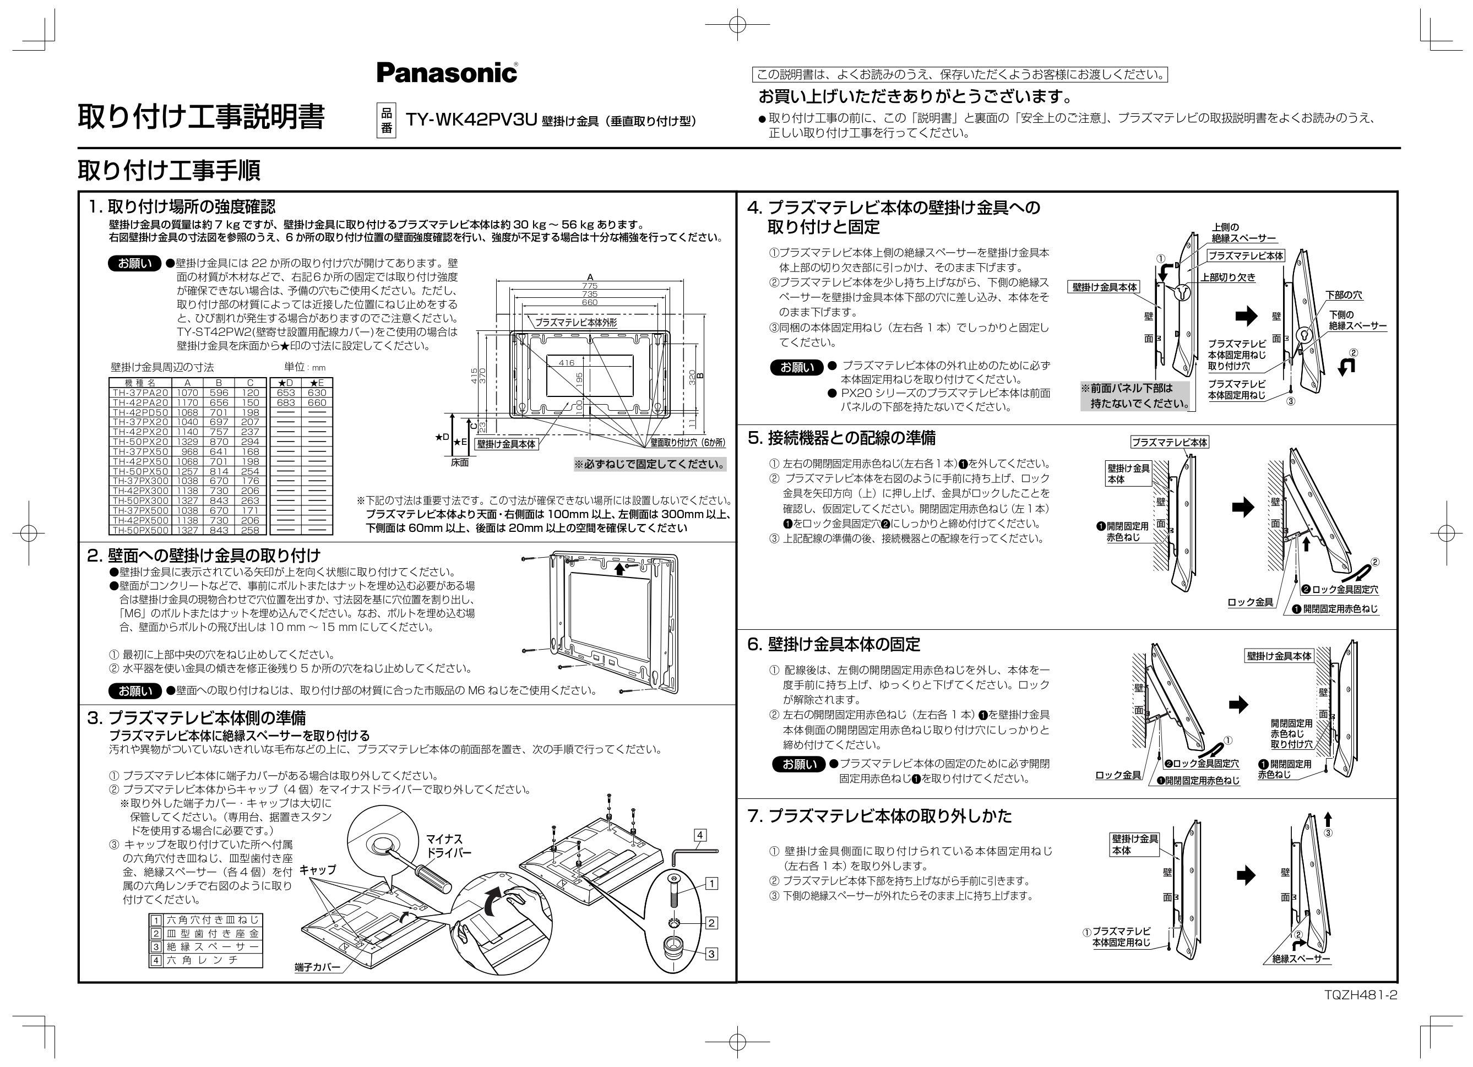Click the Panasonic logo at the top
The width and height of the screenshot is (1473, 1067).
coord(447,72)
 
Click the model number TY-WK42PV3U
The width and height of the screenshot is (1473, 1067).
coord(471,120)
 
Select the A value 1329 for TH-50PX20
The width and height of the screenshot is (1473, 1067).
coord(187,442)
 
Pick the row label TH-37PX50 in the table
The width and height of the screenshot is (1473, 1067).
coord(140,451)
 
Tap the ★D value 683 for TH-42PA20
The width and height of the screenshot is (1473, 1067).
coord(286,402)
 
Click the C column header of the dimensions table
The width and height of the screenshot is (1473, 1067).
coord(250,383)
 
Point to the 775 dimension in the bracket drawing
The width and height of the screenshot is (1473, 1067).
coord(589,286)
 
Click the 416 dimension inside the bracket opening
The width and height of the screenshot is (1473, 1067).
coord(566,363)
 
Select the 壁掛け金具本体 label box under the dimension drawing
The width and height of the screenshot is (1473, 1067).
coord(506,444)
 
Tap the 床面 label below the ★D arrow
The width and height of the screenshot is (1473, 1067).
coord(459,463)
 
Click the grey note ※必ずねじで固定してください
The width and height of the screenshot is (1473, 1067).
coord(649,464)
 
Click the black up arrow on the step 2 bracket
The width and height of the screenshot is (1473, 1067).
coord(619,569)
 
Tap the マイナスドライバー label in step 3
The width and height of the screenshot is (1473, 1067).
coord(448,846)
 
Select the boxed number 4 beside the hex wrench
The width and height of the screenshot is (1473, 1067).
coord(700,835)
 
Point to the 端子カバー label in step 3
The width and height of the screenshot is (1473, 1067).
coord(317,968)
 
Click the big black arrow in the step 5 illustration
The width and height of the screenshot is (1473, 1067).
coord(1242,507)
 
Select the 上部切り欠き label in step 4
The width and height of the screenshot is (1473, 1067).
coord(1227,277)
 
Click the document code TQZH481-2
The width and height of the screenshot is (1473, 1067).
coord(1361,995)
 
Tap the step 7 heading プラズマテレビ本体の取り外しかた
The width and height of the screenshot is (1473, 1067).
coord(889,816)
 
